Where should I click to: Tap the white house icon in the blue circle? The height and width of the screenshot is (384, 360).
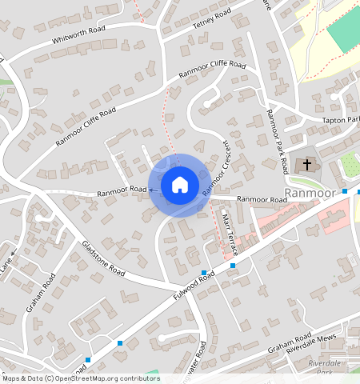[x=179, y=185]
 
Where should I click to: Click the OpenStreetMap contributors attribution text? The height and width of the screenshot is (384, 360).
[x=80, y=378]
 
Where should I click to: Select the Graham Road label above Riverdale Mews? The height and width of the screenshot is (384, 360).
[x=290, y=340]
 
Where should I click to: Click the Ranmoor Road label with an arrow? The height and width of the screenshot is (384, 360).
[x=124, y=191]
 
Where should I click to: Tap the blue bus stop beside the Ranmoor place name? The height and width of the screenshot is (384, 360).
[x=345, y=191]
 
